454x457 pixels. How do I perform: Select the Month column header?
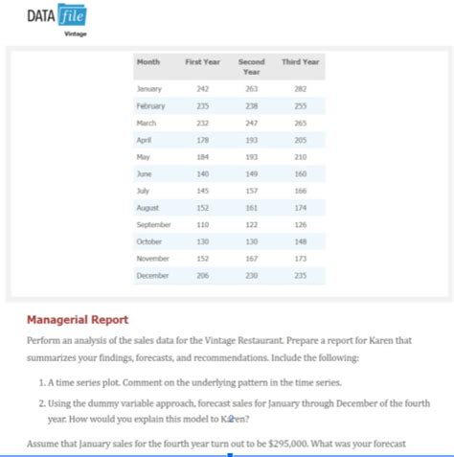pyautogui.click(x=148, y=62)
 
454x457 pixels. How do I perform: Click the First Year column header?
pyautogui.click(x=202, y=62)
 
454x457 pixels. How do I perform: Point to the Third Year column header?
pyautogui.click(x=301, y=62)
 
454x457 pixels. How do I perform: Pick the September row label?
pyautogui.click(x=154, y=222)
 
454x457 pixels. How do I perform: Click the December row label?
pyautogui.click(x=153, y=275)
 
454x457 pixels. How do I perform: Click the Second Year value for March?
pyautogui.click(x=252, y=124)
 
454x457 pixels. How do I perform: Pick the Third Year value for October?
pyautogui.click(x=302, y=240)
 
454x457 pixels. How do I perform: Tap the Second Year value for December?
pyautogui.click(x=252, y=275)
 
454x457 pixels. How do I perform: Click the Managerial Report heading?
pyautogui.click(x=78, y=319)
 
